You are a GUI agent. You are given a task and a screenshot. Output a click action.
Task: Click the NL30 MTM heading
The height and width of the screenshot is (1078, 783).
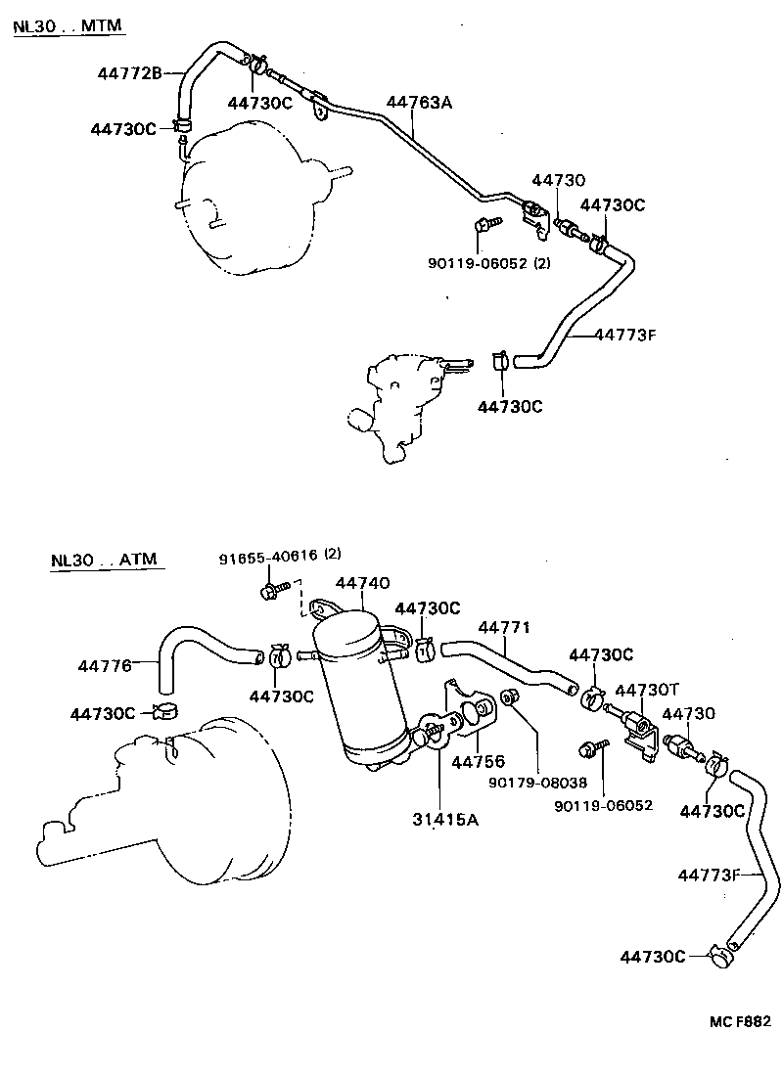coord(69,25)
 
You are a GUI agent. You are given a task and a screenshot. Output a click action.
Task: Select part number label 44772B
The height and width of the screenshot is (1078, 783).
coord(129,71)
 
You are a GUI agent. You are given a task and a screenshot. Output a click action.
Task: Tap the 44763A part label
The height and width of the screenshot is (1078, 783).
coord(419,102)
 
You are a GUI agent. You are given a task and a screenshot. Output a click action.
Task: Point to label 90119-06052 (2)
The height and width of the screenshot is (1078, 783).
coord(489,262)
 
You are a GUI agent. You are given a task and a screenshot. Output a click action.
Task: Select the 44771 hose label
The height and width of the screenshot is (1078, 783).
coord(505,627)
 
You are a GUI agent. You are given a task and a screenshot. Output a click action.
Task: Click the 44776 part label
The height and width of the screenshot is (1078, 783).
coord(105,666)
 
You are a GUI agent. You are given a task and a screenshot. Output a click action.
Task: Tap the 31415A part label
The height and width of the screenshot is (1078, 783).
coord(445,820)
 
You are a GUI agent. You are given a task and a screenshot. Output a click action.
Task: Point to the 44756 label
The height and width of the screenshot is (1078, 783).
coord(478,761)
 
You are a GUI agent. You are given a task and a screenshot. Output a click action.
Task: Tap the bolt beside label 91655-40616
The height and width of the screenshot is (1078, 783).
coord(273,589)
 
